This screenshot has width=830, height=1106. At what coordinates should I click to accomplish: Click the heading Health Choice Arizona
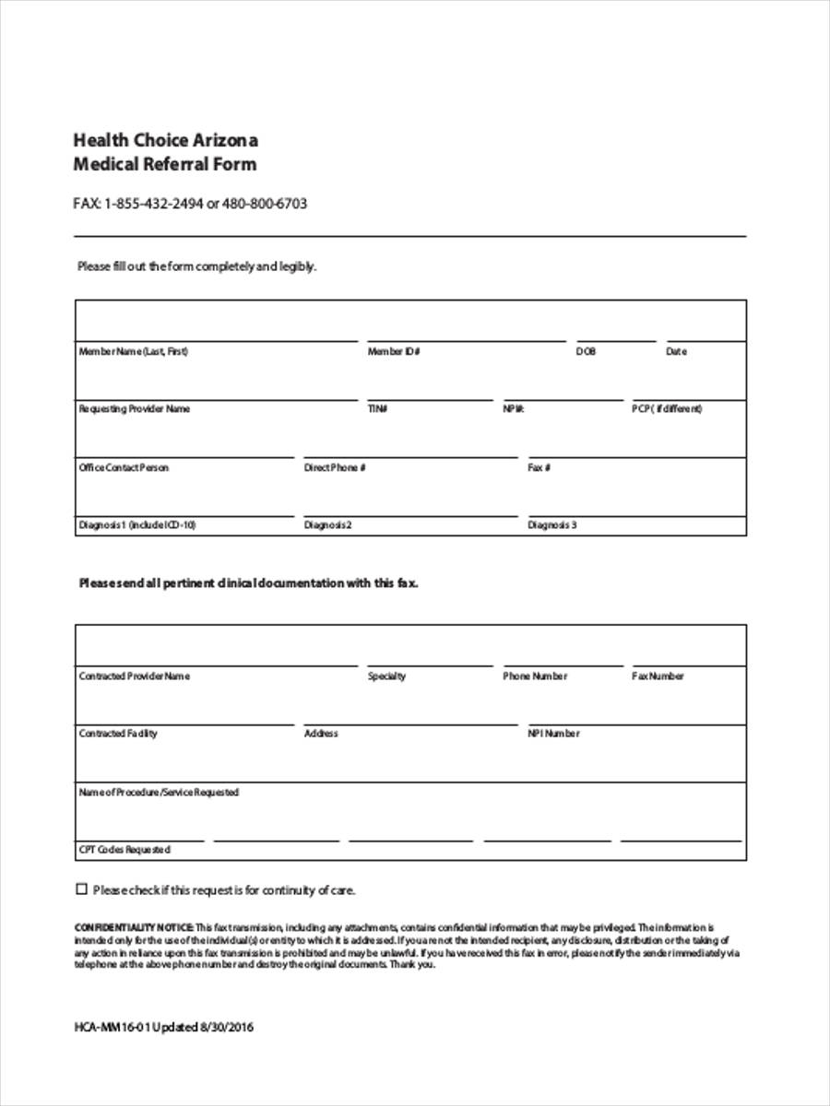click(x=165, y=141)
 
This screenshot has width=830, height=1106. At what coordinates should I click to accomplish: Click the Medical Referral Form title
click(x=165, y=165)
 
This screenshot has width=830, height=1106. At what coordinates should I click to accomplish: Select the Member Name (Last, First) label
click(x=133, y=352)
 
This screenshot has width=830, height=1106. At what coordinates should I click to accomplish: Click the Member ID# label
click(x=394, y=352)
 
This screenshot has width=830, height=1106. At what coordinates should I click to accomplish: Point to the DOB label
click(x=586, y=352)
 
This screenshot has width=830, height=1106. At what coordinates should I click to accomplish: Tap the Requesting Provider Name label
click(x=134, y=409)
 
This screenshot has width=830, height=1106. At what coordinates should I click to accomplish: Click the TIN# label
click(x=377, y=409)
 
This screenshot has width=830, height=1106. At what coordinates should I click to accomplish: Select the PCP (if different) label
click(x=667, y=409)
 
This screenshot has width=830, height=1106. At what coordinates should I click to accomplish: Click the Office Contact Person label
click(x=124, y=468)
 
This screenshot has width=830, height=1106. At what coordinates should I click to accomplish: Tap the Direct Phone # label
click(x=335, y=468)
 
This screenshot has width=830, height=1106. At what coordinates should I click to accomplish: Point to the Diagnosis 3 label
click(x=551, y=526)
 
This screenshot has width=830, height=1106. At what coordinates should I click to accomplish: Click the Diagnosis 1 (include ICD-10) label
click(x=136, y=526)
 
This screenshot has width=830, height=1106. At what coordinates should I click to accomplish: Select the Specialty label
click(x=386, y=677)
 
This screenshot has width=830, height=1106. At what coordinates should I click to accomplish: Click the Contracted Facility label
click(x=118, y=734)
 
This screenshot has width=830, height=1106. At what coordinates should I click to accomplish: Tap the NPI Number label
click(x=553, y=734)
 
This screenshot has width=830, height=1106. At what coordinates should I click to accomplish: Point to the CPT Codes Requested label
click(x=125, y=850)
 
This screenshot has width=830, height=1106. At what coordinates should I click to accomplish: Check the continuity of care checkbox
click(x=81, y=889)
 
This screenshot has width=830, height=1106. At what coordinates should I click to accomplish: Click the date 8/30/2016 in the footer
click(x=226, y=1028)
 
